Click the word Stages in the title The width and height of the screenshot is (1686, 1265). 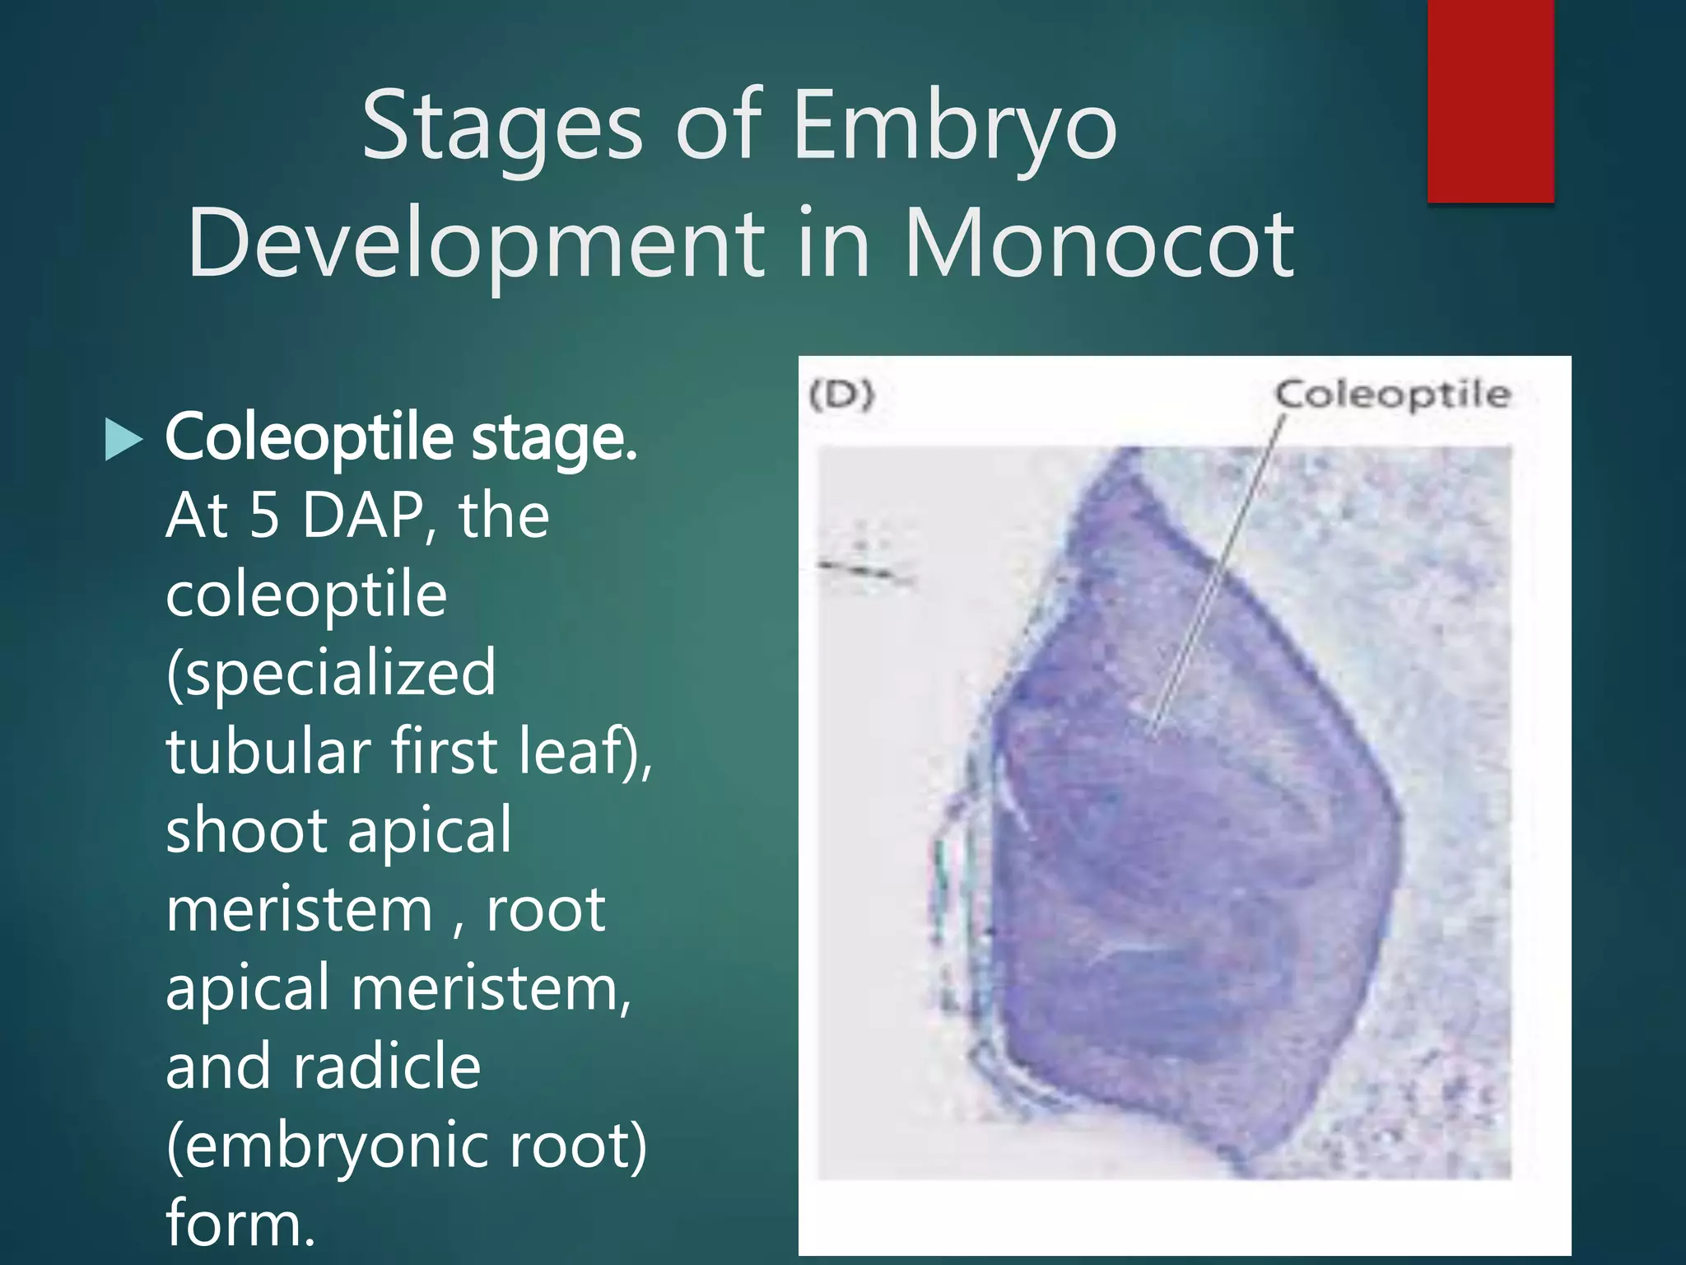point(501,128)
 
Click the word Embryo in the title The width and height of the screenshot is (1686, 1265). point(954,128)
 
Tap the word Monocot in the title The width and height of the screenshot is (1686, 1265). point(1099,244)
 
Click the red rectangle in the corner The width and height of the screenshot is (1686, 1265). point(1490,100)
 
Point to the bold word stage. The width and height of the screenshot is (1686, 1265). point(553,437)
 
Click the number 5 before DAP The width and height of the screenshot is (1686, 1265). point(265,516)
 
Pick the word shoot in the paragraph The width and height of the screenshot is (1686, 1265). point(247,830)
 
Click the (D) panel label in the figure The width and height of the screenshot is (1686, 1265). point(841,395)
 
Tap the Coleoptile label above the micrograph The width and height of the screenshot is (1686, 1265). point(1393,394)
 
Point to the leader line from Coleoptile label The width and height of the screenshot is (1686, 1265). point(1218,568)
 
